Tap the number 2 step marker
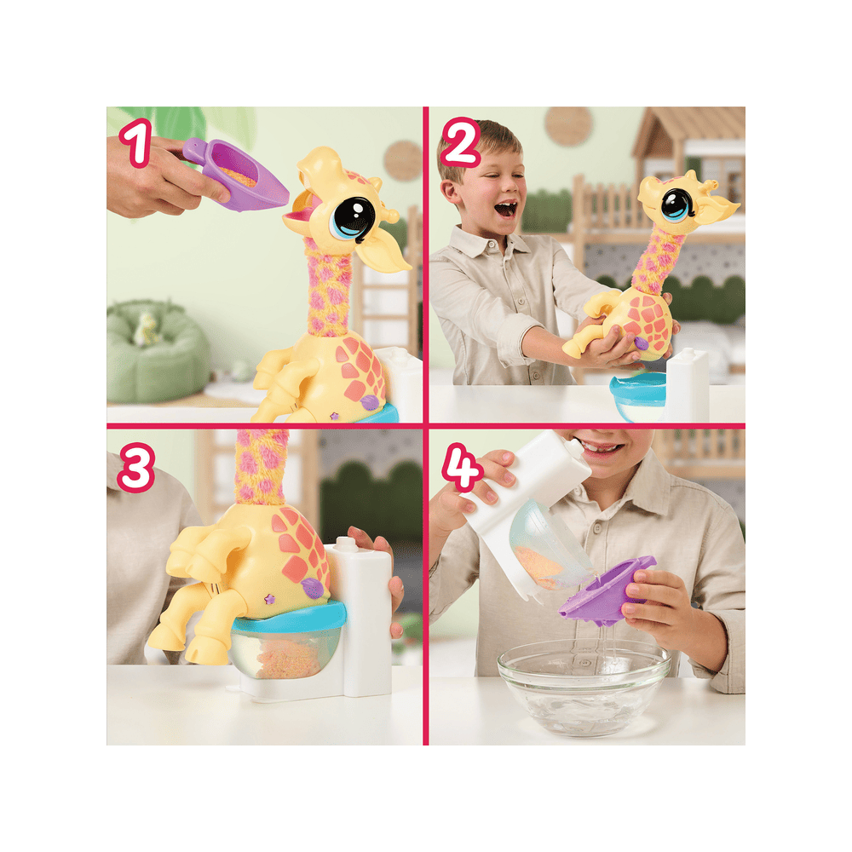(x=461, y=141)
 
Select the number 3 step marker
(x=135, y=468)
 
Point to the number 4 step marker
(x=462, y=468)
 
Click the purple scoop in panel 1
(x=236, y=173)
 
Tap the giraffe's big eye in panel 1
(x=352, y=220)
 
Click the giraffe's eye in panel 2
(x=676, y=205)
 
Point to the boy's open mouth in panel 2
(x=506, y=209)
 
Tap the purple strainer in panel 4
(x=608, y=590)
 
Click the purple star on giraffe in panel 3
(x=268, y=599)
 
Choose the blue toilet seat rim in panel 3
(x=289, y=616)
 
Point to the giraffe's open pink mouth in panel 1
(x=300, y=213)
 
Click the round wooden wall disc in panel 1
(x=403, y=160)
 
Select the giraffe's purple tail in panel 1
(x=369, y=403)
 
